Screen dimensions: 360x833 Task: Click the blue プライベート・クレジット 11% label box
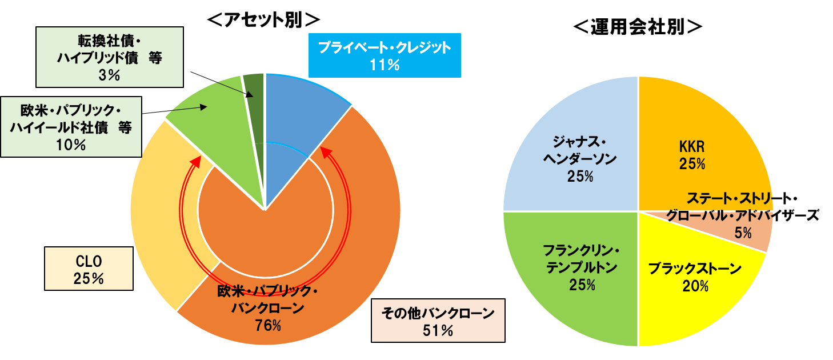tap(384, 55)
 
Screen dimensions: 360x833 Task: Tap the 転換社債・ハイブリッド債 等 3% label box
tap(109, 57)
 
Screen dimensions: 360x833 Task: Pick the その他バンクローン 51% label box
tap(438, 321)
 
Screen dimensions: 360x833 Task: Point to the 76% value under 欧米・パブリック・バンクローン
tap(268, 326)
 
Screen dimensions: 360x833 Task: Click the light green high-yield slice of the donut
tap(211, 109)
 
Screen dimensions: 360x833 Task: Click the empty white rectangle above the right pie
tap(638, 25)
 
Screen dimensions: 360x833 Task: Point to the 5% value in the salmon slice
tap(743, 233)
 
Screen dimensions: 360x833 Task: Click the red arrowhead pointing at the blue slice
tap(323, 153)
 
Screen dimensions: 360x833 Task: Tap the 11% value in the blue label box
tap(384, 65)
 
